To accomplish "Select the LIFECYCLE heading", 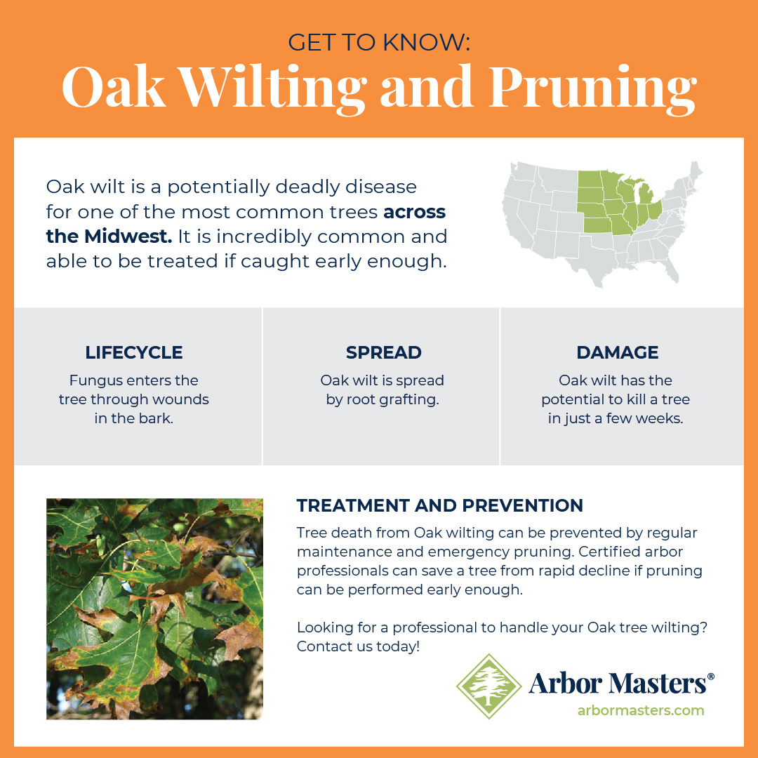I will point(133,352).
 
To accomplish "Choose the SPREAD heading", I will point(383,352).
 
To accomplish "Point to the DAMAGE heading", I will point(618,352).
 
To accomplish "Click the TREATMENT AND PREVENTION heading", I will point(440,505).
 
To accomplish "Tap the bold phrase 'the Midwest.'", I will point(109,237).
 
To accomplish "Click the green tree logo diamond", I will point(488,686).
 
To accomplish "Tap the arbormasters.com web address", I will point(640,710).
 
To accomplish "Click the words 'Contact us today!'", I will point(358,646).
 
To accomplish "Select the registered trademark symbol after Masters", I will point(711,677).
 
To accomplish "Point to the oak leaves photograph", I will point(154,609).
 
